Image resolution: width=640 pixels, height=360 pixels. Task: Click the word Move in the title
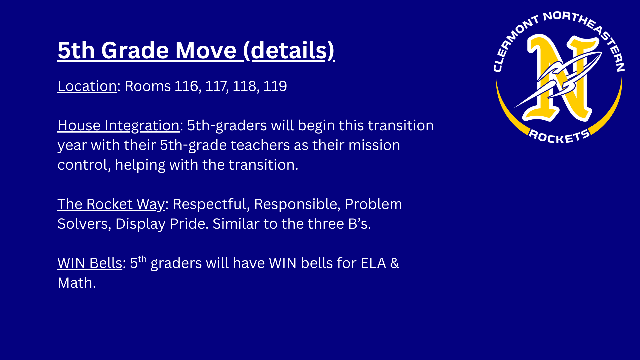[206, 50]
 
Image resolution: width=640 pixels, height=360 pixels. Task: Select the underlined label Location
[87, 86]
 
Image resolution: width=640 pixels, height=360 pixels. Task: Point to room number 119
[275, 86]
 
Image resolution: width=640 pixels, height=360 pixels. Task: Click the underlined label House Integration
[118, 126]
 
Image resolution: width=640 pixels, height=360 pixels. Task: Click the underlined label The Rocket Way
[111, 204]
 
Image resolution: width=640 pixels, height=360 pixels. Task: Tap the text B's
[359, 224]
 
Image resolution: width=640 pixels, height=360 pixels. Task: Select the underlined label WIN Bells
[90, 263]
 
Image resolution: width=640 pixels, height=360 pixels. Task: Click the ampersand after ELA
[394, 263]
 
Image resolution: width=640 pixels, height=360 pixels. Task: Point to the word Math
[76, 283]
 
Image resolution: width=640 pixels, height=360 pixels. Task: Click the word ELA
[373, 263]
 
